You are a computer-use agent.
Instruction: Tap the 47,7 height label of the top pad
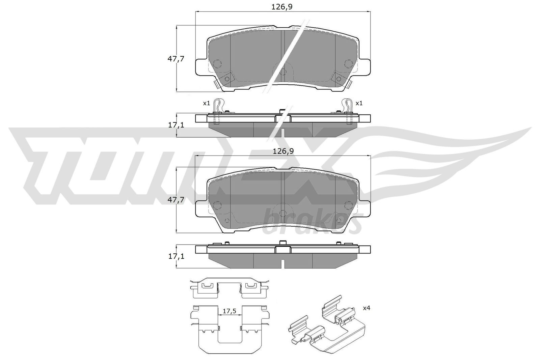[x=176, y=59]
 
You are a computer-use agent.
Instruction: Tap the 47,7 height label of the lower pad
[x=176, y=199]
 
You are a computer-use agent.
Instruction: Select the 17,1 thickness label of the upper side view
[x=176, y=125]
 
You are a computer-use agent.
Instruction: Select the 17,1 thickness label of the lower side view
[x=176, y=256]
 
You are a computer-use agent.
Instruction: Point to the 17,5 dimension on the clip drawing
[x=230, y=311]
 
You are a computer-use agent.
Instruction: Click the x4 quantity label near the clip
[x=367, y=308]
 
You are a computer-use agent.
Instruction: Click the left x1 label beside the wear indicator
[x=207, y=103]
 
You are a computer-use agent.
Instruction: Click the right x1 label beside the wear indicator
[x=359, y=103]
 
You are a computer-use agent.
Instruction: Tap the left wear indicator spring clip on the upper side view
[x=219, y=106]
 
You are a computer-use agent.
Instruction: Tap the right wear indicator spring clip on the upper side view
[x=347, y=106]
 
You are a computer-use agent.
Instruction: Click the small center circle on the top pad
[x=283, y=72]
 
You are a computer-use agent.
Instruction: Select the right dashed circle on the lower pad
[x=348, y=204]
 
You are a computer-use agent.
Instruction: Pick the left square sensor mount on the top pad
[x=226, y=79]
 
